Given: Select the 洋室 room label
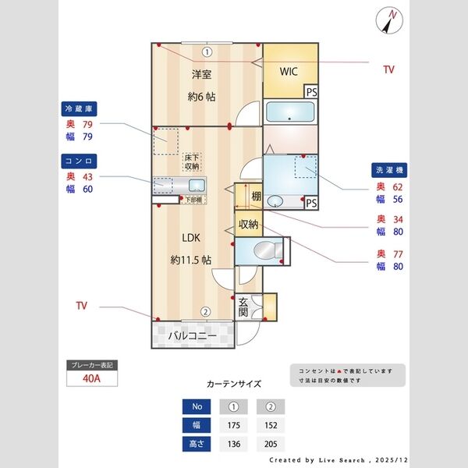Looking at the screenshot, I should tap(202, 75).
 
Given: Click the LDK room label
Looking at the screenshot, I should tap(192, 238).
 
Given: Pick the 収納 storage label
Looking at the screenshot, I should tap(248, 224).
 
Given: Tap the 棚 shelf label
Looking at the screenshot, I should tap(256, 197).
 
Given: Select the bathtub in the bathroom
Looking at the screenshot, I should tap(290, 112).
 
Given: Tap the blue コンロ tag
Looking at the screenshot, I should tap(80, 161).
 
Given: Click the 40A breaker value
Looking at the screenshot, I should tap(91, 380).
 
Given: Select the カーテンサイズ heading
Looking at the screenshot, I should tap(233, 385).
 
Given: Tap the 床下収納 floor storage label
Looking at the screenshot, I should tap(192, 162).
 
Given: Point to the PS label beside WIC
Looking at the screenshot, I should tap(311, 92).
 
